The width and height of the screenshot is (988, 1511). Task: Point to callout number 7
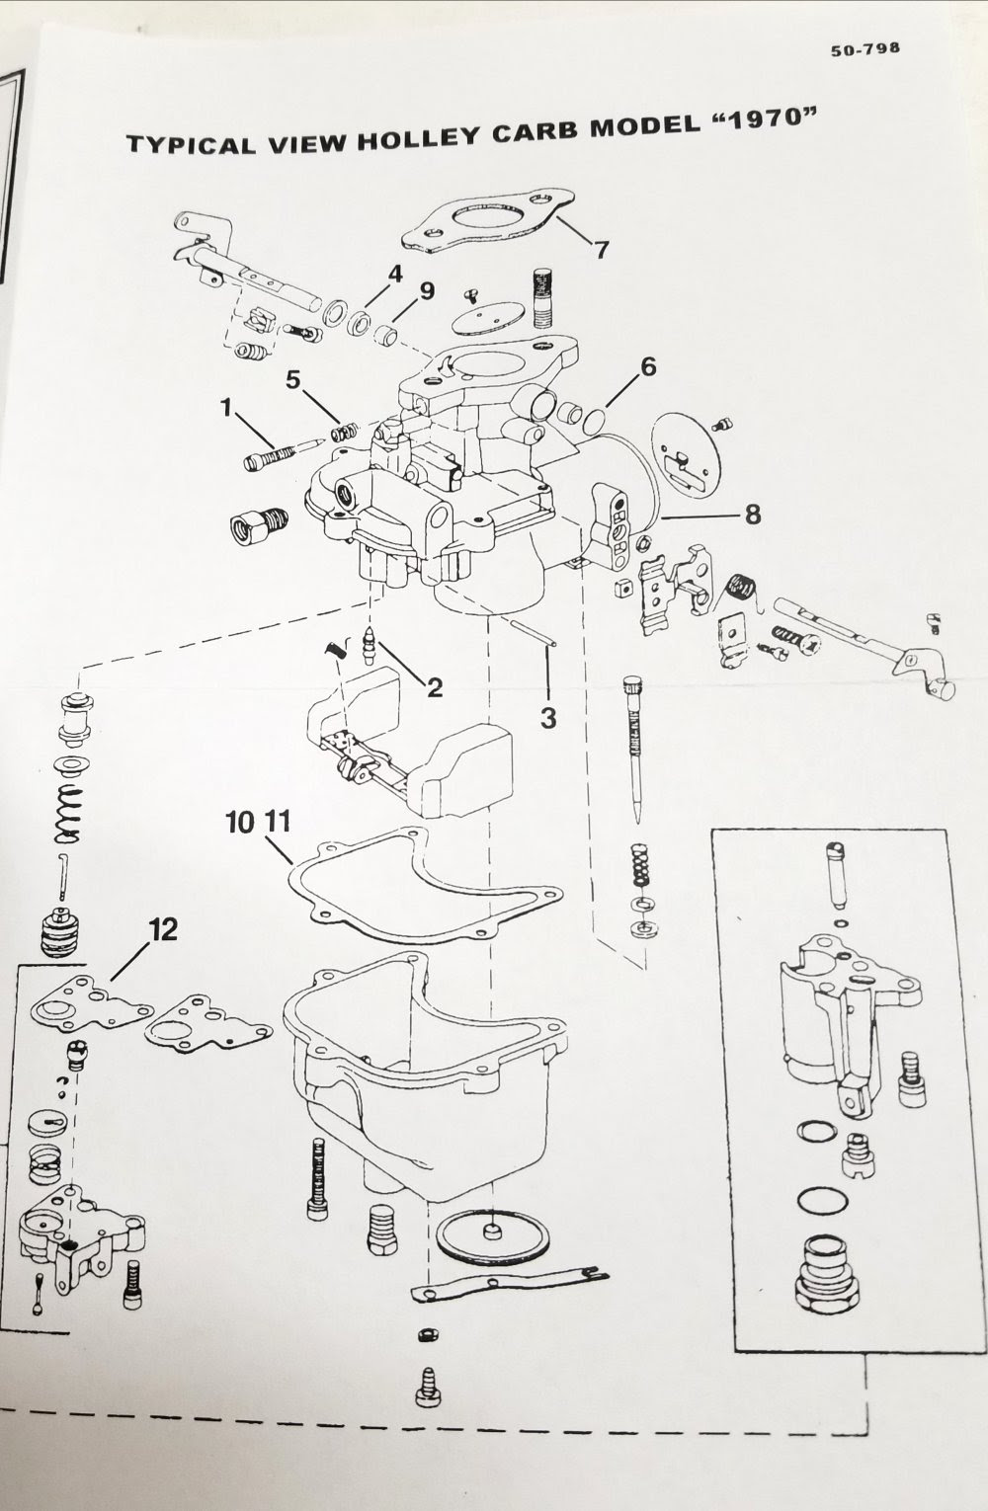[x=600, y=250]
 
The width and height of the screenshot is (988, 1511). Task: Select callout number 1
[x=227, y=408]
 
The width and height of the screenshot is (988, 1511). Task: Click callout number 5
[x=292, y=380]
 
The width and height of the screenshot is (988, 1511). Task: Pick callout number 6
[x=647, y=367]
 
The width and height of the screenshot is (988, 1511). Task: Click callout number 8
[x=753, y=515]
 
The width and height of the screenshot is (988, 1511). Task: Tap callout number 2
[x=435, y=687]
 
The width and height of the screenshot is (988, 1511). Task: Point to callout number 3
[x=548, y=718]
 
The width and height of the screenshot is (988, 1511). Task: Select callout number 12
[x=163, y=930]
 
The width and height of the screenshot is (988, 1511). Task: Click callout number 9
[x=427, y=291]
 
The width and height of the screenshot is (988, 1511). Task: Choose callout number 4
[x=395, y=275]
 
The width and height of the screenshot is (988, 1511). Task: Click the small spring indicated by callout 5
[x=345, y=430]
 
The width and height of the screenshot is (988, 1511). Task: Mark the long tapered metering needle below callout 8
[x=632, y=750]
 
